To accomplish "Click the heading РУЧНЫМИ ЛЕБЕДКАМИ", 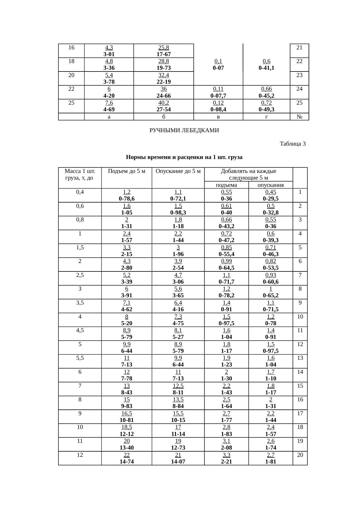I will coord(184,130).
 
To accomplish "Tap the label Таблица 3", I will coord(292,144).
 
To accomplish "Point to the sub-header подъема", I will coord(226,185).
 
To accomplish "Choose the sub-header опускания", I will coord(271,185).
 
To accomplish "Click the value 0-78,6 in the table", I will coord(127,199).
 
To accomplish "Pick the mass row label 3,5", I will coord(80,303).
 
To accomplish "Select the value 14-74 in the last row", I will coord(127,461).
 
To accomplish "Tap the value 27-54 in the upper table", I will coord(163,110).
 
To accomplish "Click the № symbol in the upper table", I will coord(299,117).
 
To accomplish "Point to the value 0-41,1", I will coord(266,68).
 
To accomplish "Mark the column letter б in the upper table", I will coord(163,117).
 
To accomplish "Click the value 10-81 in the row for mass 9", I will coord(127,420).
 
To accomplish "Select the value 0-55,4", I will coord(226,254).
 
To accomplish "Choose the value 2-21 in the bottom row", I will coord(226,461).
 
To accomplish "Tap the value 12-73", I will coord(178,448).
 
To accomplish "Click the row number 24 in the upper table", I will coord(299,89).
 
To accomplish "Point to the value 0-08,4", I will coord(218,110).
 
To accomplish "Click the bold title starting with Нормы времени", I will coord(184,158).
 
